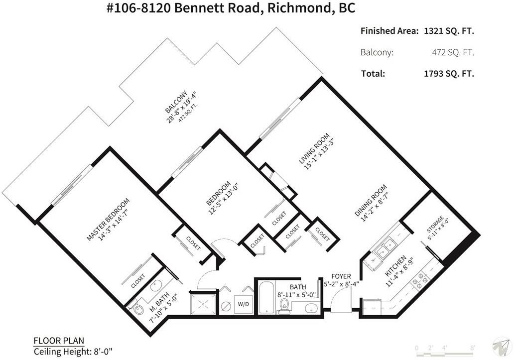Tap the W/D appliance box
click(x=243, y=304)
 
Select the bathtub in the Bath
click(x=266, y=297)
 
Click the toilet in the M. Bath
click(x=138, y=308)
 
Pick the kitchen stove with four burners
click(x=419, y=281)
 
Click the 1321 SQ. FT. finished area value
click(x=449, y=31)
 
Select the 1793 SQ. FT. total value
click(x=449, y=74)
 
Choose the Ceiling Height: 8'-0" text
click(x=73, y=352)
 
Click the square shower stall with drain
click(x=203, y=303)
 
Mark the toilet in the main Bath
click(x=283, y=305)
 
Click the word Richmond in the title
click(x=298, y=8)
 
